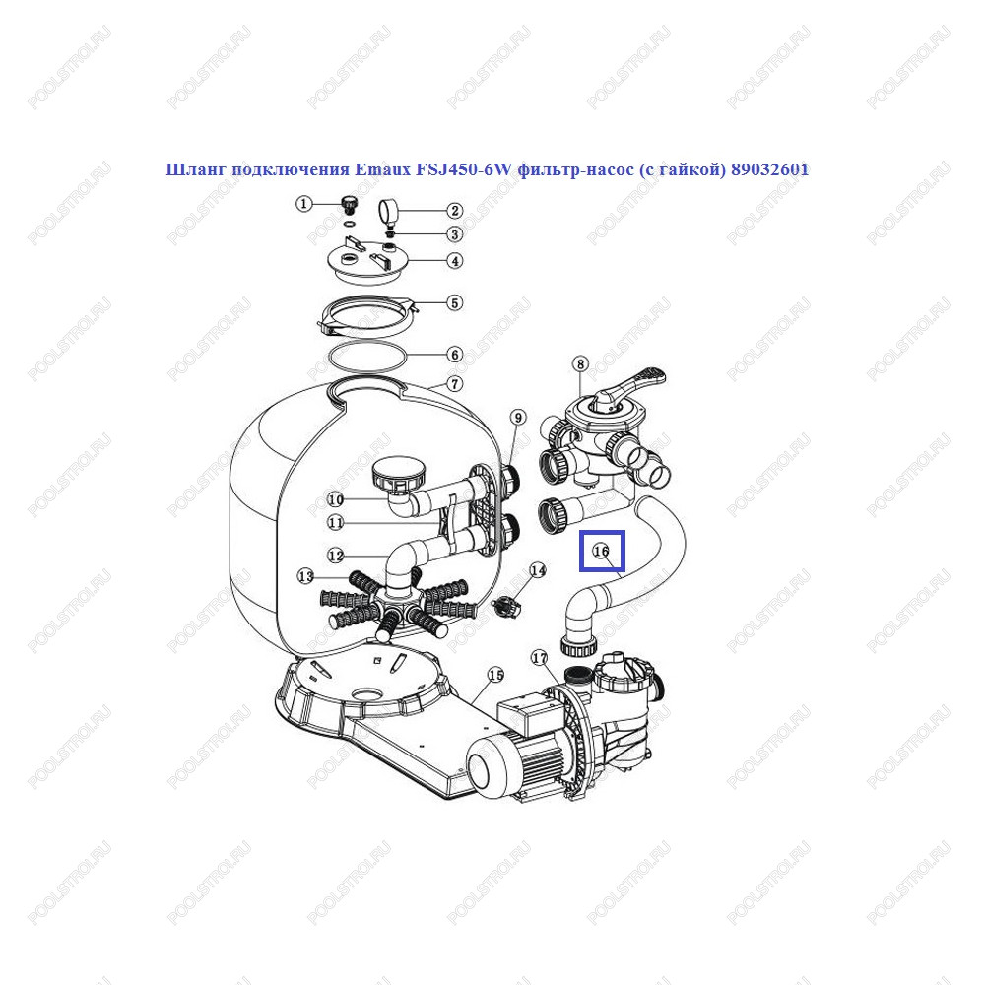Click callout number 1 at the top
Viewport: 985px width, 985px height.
(304, 204)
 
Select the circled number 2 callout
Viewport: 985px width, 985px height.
(454, 211)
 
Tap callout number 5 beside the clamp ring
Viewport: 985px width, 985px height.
(455, 302)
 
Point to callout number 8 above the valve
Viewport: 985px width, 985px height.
(580, 364)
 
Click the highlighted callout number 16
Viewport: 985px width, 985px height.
(601, 551)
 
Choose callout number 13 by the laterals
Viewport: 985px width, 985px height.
(305, 576)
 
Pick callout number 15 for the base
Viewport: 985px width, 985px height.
(495, 675)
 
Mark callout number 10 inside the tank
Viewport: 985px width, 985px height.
(336, 499)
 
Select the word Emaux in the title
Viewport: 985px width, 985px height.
(382, 169)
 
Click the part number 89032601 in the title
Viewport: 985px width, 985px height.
(769, 169)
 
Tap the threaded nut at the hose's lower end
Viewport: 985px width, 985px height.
(577, 647)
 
